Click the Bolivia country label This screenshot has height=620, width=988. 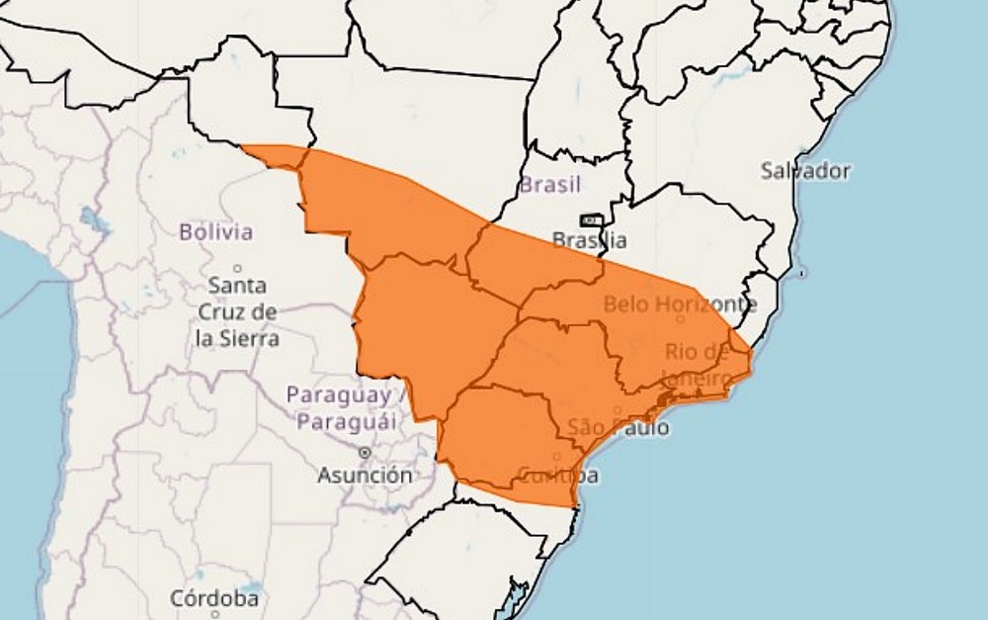pos(215,232)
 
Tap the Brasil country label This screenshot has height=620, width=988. pos(550,184)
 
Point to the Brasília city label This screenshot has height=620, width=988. pos(590,239)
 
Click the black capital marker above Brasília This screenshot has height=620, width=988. pos(591,220)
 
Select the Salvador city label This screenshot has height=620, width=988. pos(805,170)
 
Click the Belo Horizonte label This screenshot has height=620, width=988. pos(680,304)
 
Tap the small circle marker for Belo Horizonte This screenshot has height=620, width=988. pos(680,318)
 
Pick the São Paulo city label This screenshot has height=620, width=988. pos(617,427)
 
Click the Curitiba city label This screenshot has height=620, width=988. pos(557,475)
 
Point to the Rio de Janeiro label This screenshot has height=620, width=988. pos(698,364)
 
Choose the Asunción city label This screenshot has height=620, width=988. pos(365,476)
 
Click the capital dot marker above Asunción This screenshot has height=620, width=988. pos(365,452)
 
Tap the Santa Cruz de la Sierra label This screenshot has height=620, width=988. pos(237,311)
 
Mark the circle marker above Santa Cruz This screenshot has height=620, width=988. pos(237,268)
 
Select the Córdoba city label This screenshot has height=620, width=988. pos(214,598)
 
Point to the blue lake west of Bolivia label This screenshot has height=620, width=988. pos(92,219)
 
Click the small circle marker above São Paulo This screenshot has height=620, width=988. pos(618,410)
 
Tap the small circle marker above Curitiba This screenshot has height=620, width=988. pos(557,457)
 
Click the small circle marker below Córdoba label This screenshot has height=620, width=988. pos(214,614)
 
